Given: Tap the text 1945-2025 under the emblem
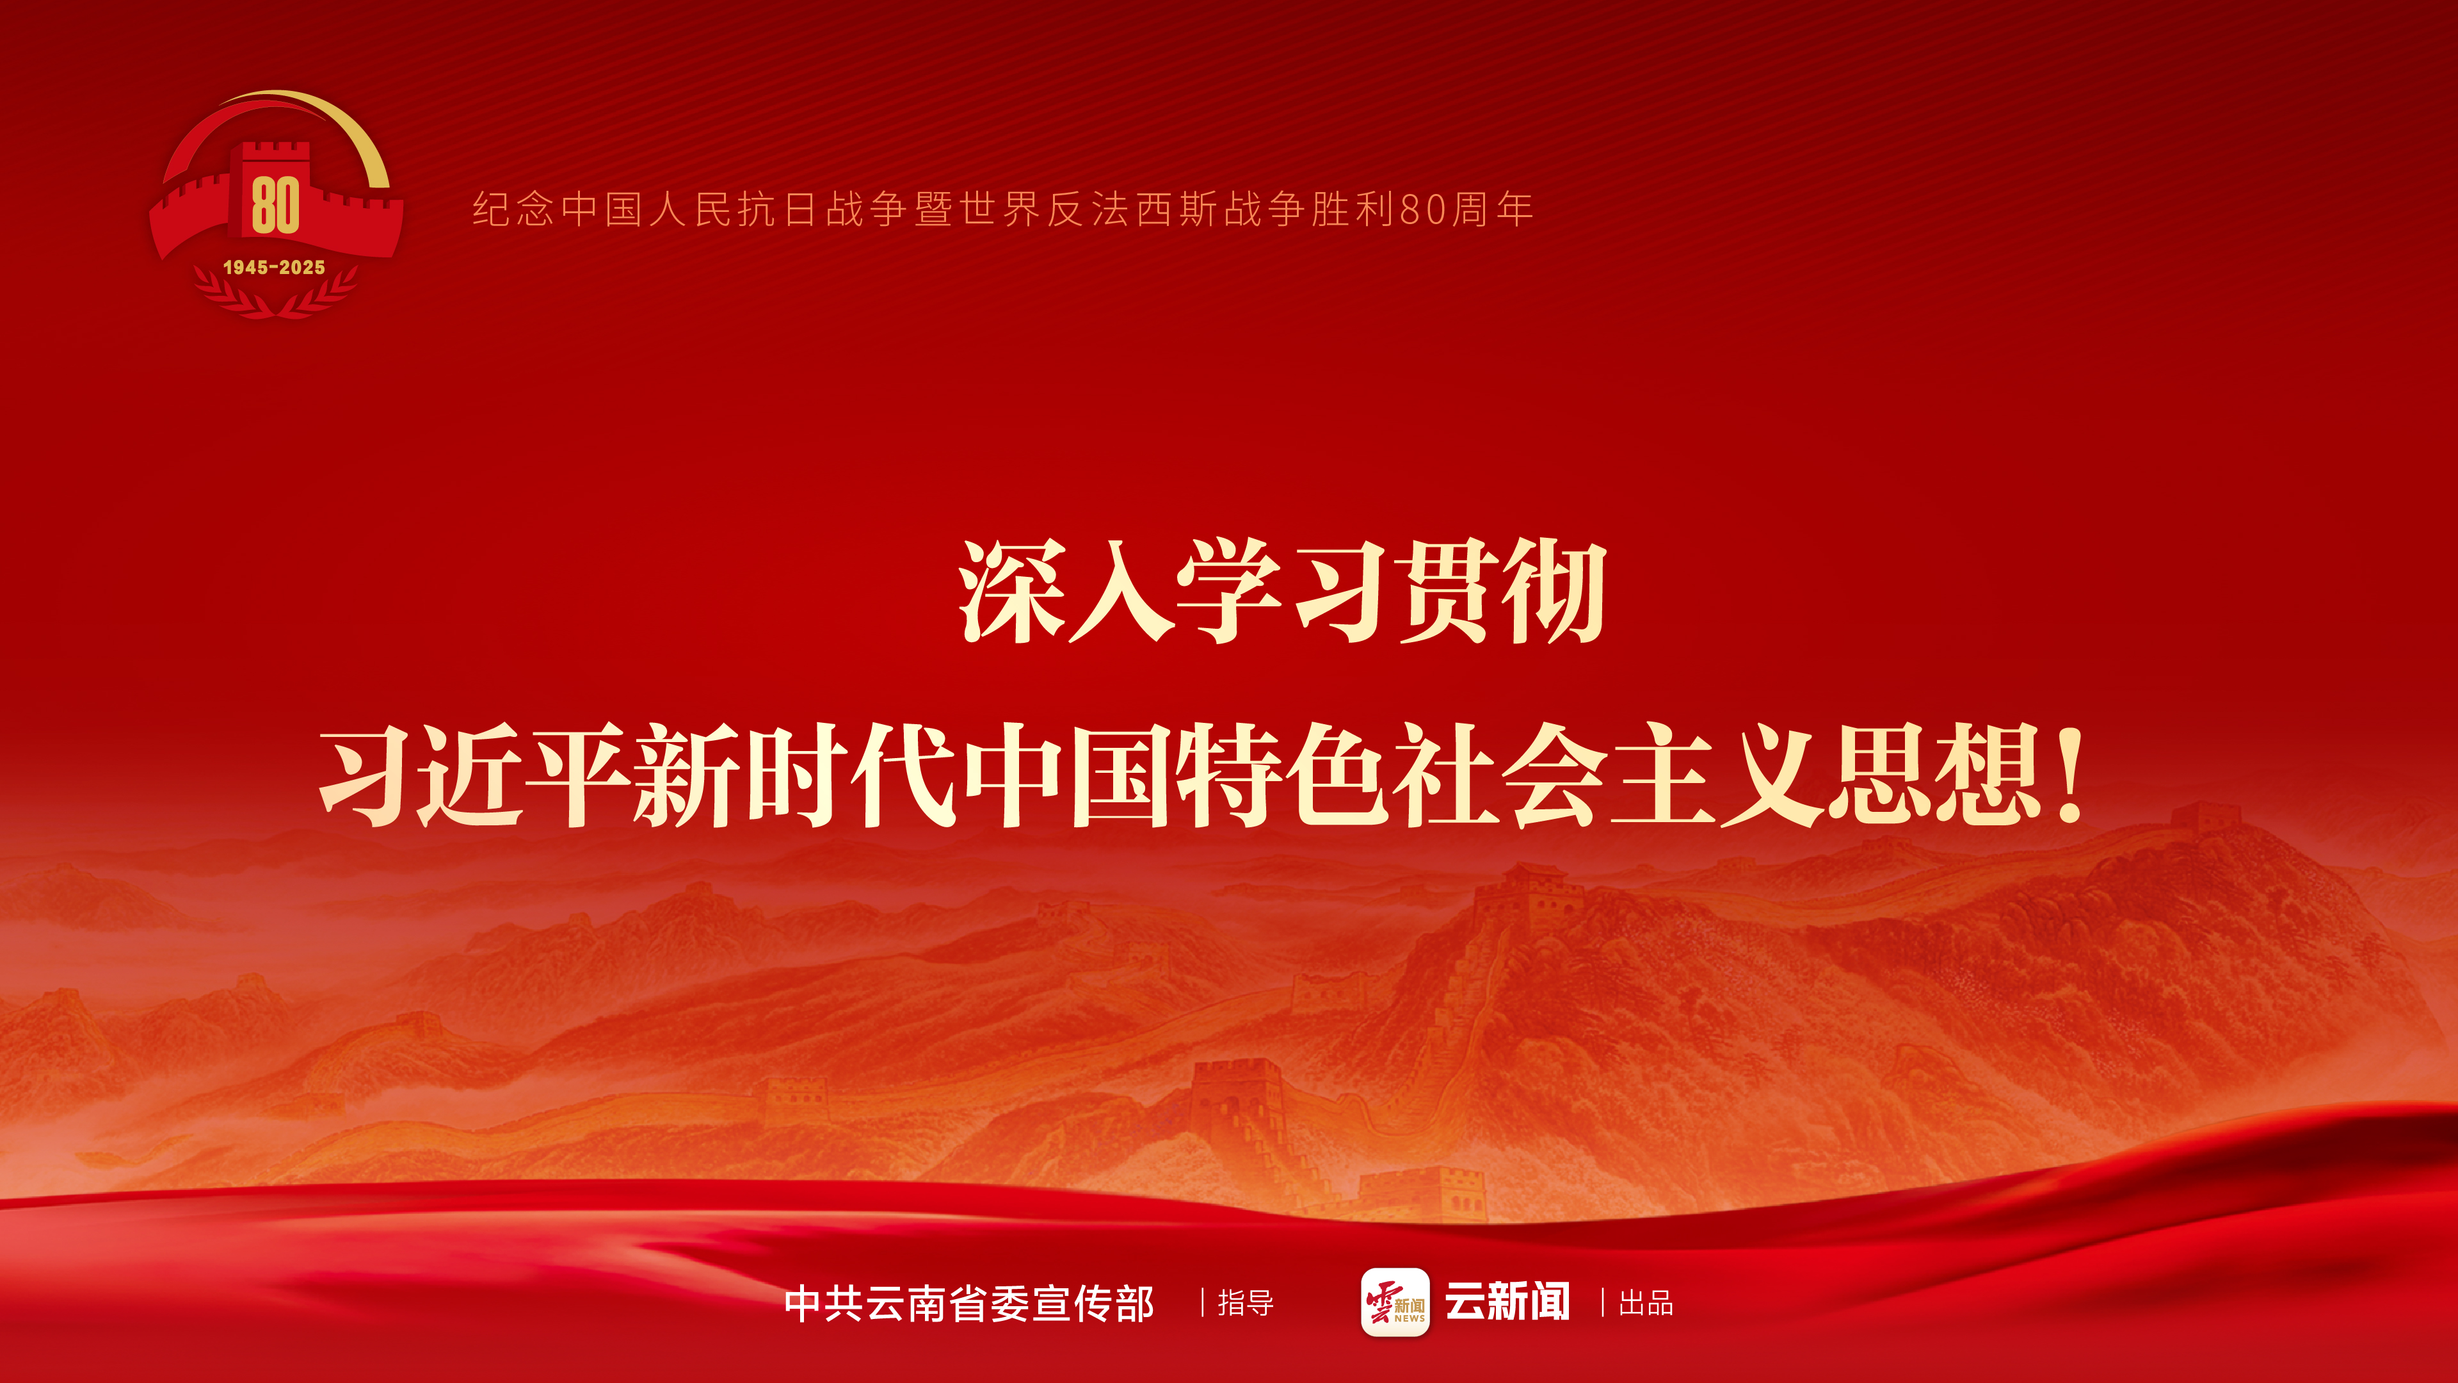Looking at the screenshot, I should pyautogui.click(x=274, y=267).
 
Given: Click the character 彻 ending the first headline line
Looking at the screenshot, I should pyautogui.click(x=1554, y=592).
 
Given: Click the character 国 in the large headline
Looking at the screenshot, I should pyautogui.click(x=1121, y=775).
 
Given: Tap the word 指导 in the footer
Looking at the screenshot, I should pyautogui.click(x=1245, y=1303).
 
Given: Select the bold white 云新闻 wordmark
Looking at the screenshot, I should pyautogui.click(x=1507, y=1302).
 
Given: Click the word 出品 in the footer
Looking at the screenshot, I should pyautogui.click(x=1646, y=1303).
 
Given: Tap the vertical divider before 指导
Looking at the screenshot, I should pyautogui.click(x=1202, y=1303).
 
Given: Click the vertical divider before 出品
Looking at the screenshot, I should pyautogui.click(x=1602, y=1303).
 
